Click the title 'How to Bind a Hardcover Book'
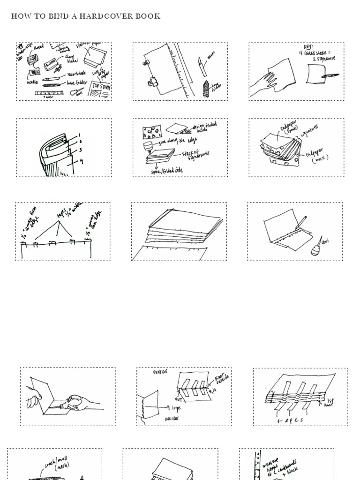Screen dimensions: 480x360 click(86, 16)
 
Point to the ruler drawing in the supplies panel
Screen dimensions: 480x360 click(49, 93)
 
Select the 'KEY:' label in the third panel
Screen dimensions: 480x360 click(308, 47)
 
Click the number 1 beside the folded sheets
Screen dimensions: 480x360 click(80, 135)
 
